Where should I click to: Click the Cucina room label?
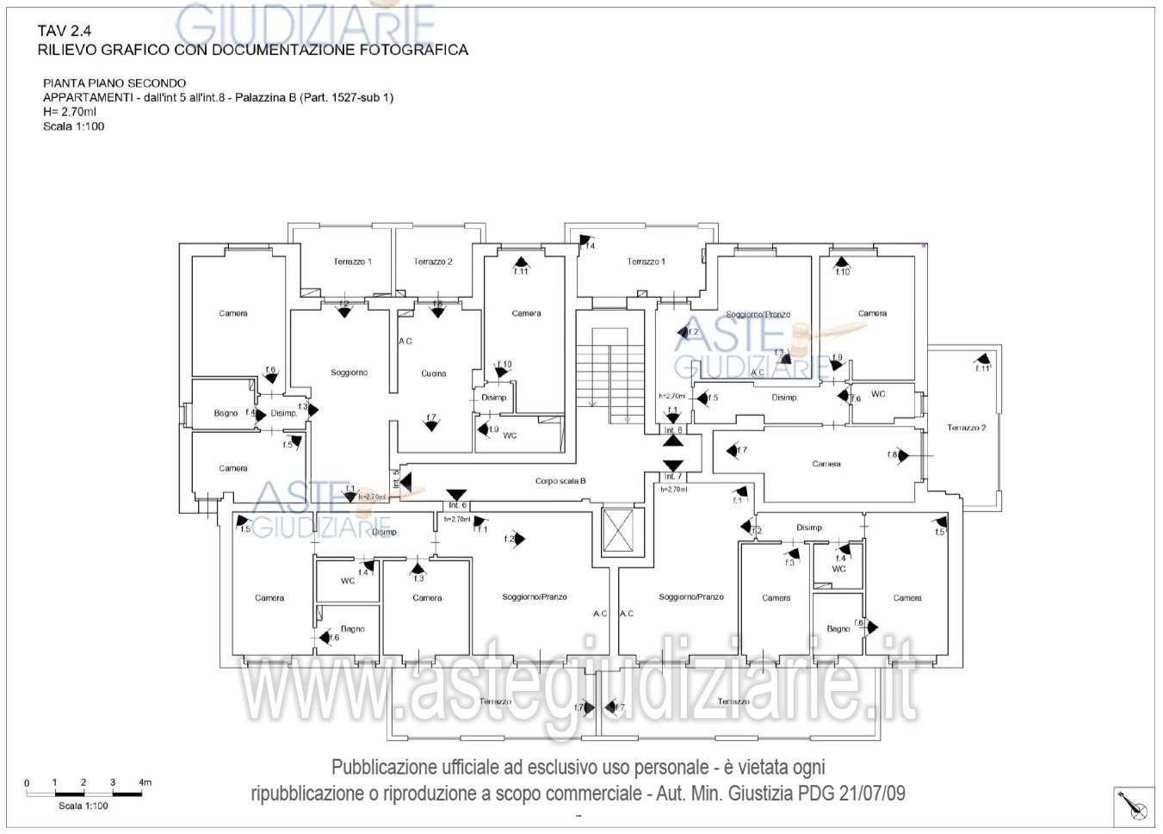click(x=433, y=374)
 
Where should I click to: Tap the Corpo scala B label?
click(x=560, y=481)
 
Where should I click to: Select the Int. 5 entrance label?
click(x=396, y=479)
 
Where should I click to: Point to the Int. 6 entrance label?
click(x=456, y=505)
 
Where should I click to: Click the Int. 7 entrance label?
click(x=672, y=476)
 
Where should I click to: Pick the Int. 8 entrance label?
click(x=672, y=429)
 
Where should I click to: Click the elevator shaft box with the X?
click(x=618, y=530)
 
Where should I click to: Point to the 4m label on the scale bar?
click(x=145, y=782)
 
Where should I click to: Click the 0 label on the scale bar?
click(x=27, y=783)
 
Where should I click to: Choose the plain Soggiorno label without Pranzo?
click(x=349, y=373)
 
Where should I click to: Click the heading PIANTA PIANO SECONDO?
click(x=114, y=83)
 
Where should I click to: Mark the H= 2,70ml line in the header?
click(x=70, y=112)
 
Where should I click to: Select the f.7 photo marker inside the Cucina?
click(x=431, y=420)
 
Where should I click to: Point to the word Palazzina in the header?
click(x=271, y=97)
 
